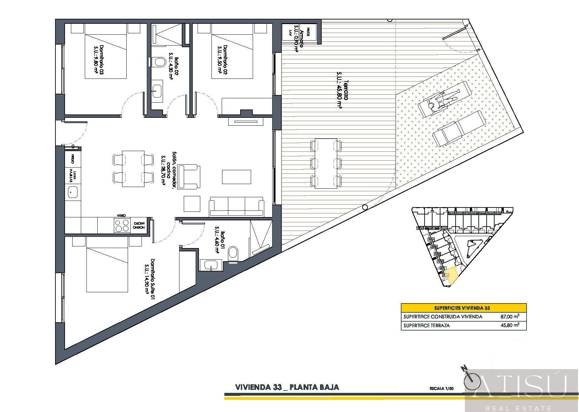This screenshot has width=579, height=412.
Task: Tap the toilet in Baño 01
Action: pyautogui.click(x=233, y=253)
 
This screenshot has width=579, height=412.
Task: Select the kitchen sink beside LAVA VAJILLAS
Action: pyautogui.click(x=73, y=192)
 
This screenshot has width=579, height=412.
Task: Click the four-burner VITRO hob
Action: pyautogui.click(x=122, y=226)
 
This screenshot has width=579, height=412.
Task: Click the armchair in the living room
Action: pyautogui.click(x=189, y=177)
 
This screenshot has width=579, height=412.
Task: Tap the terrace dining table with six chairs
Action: pyautogui.click(x=326, y=163)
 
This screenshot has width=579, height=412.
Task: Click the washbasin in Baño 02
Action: pyautogui.click(x=157, y=89)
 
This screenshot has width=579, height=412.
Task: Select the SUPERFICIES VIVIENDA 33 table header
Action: pyautogui.click(x=464, y=308)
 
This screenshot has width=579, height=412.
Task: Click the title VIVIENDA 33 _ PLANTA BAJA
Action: pyautogui.click(x=287, y=387)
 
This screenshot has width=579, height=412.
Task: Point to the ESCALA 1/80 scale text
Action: pyautogui.click(x=441, y=388)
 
